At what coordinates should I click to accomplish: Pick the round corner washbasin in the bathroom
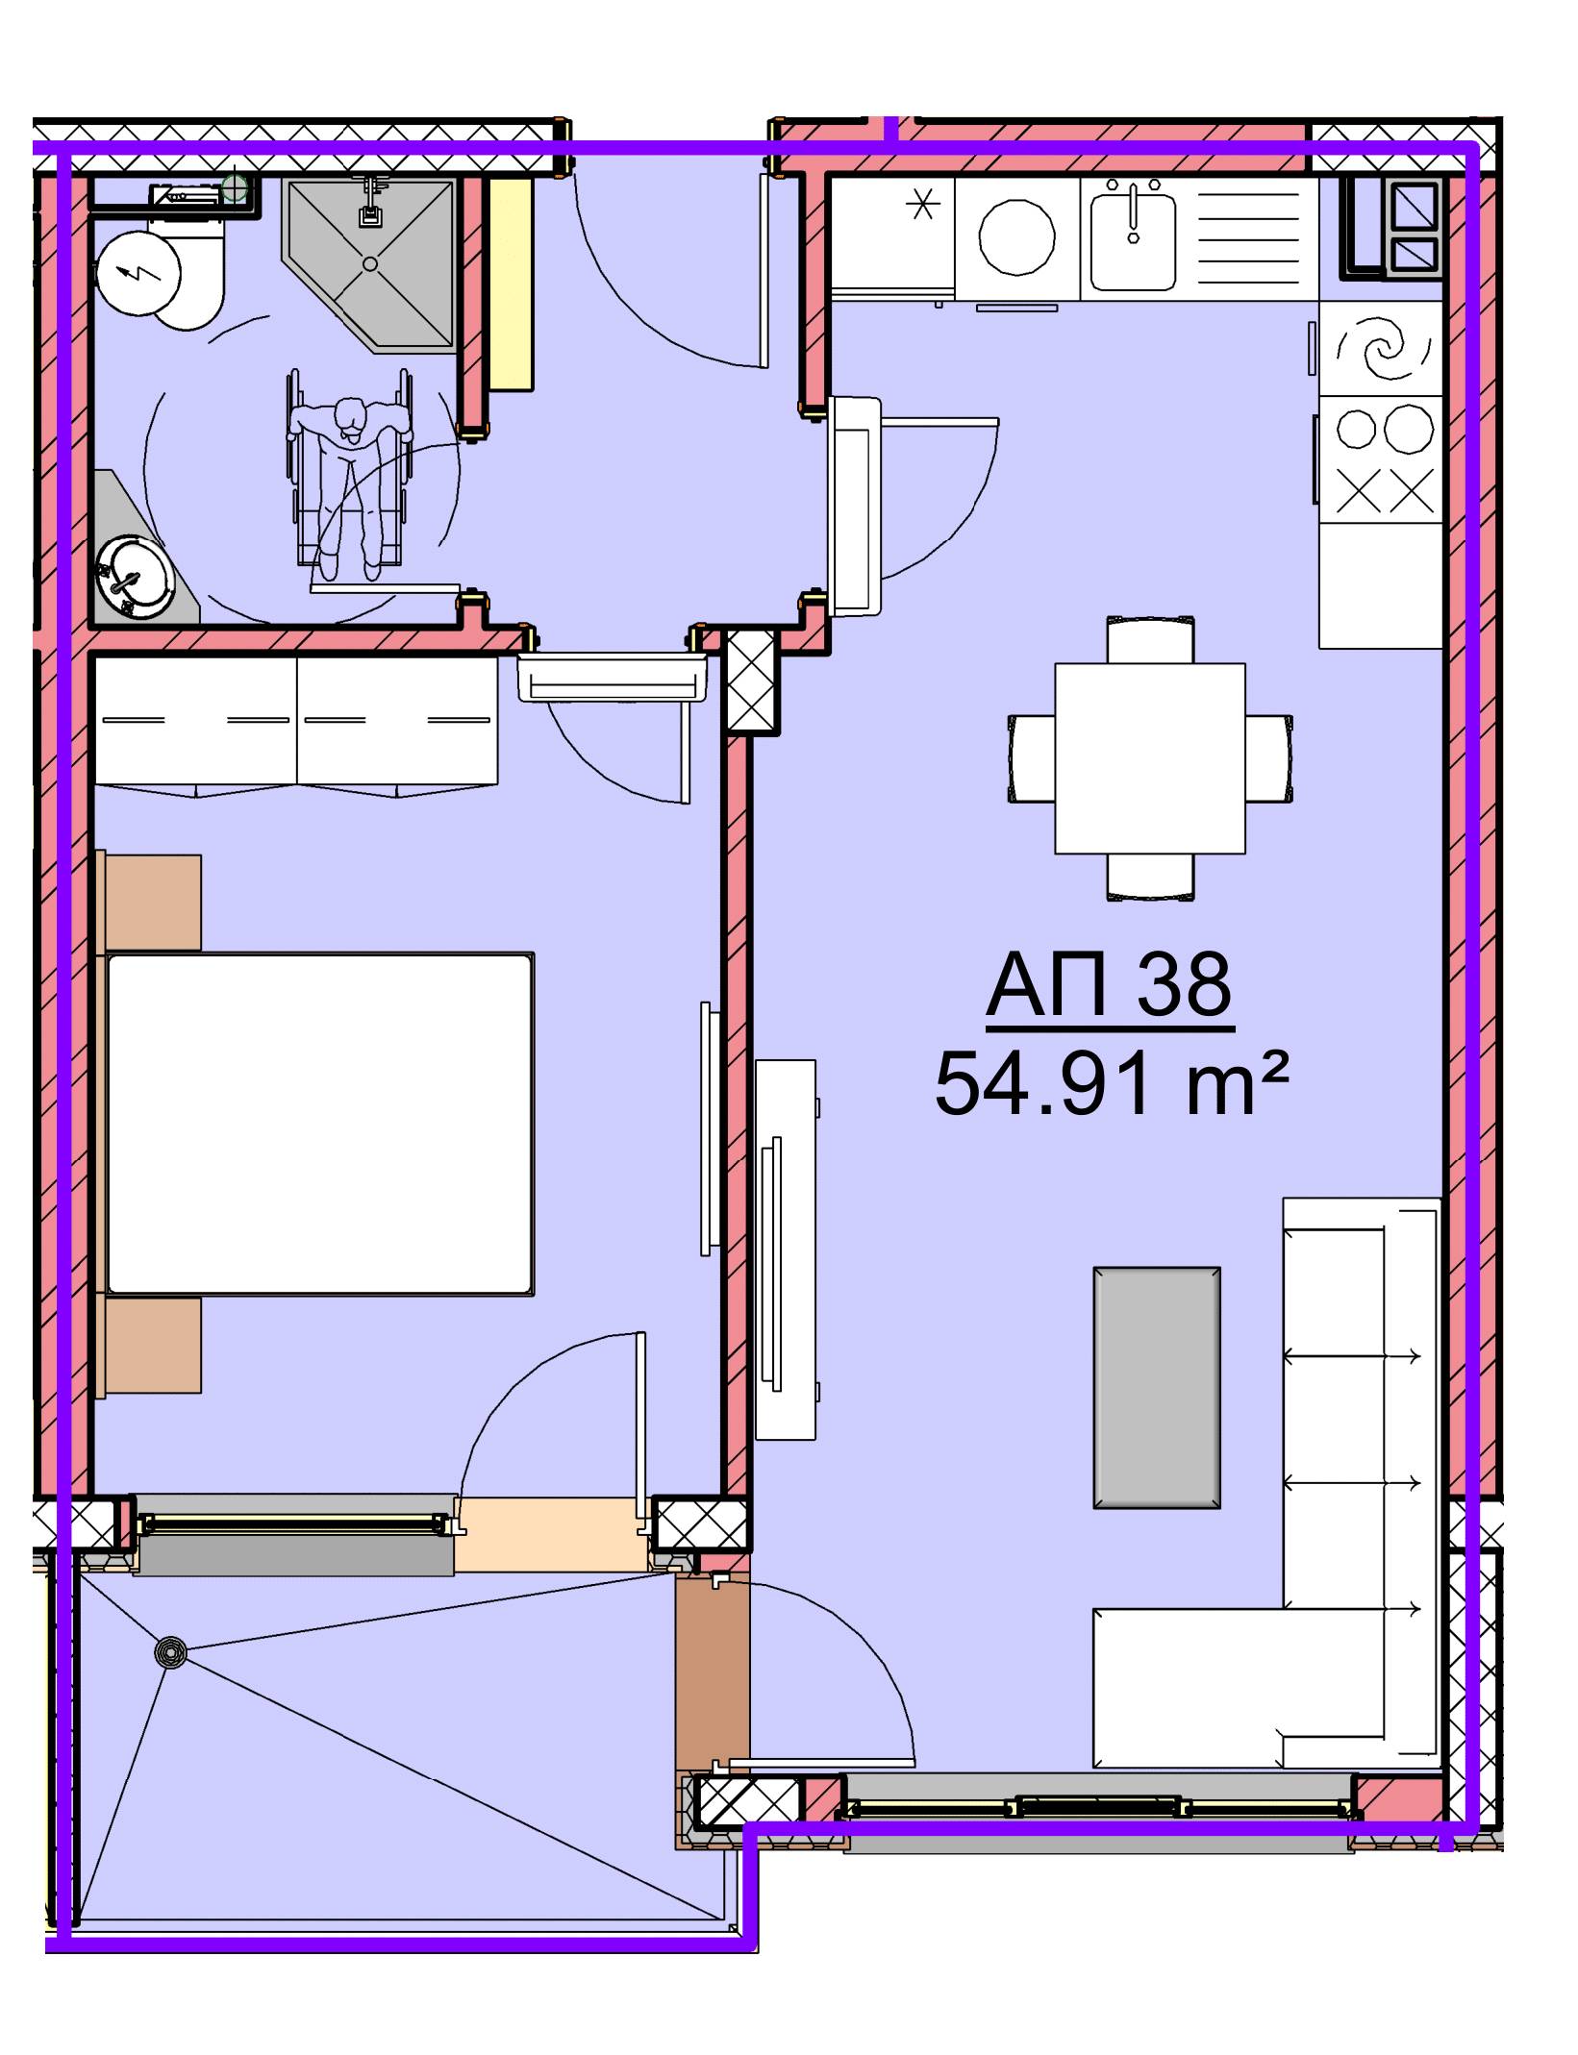[x=135, y=577]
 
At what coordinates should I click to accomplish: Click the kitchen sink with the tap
[x=1133, y=235]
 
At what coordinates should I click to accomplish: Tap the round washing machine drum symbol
[x=1016, y=236]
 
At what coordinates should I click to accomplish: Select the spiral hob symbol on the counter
[x=1381, y=349]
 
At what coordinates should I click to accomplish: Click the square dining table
[x=1150, y=758]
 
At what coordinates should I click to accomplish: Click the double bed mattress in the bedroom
[x=320, y=1124]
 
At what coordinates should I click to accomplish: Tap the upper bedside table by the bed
[x=152, y=903]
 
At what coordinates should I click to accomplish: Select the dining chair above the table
[x=1151, y=639]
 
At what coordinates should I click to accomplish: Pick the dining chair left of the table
[x=1032, y=757]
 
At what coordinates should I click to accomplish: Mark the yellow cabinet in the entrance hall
[x=510, y=284]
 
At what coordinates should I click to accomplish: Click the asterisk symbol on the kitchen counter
[x=923, y=205]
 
